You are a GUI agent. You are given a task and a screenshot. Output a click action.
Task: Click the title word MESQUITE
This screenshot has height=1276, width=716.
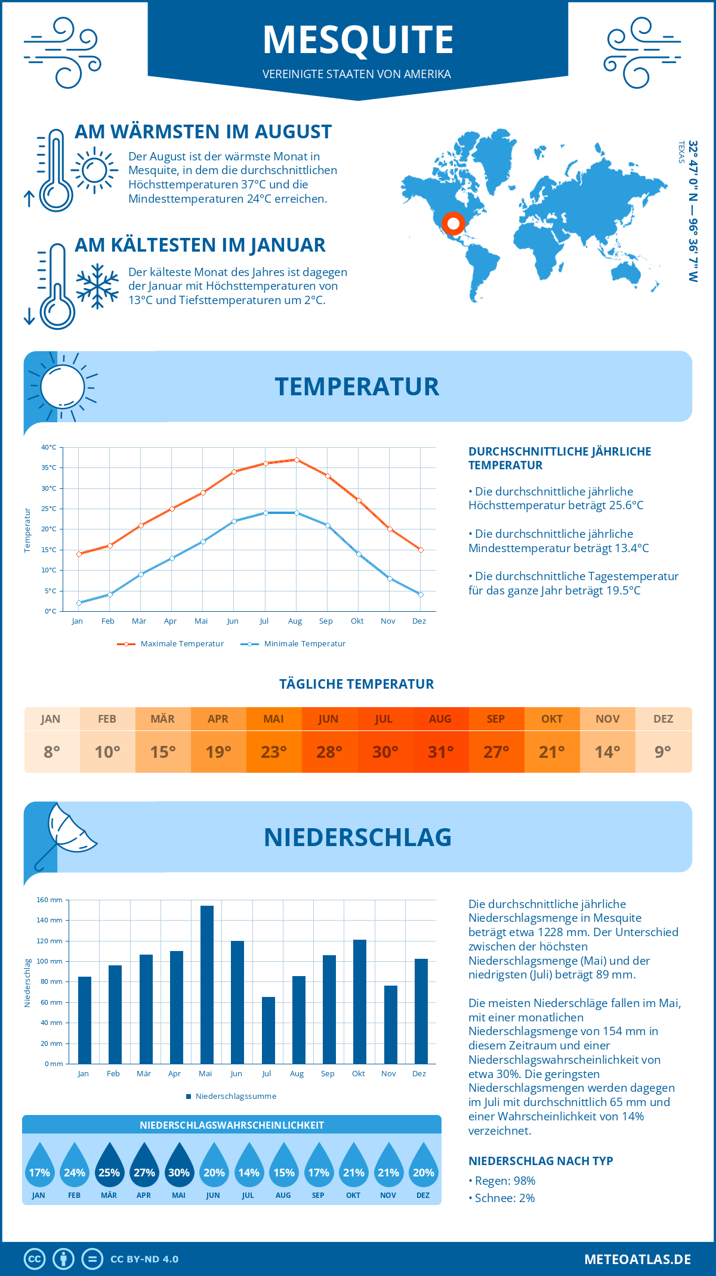tap(358, 40)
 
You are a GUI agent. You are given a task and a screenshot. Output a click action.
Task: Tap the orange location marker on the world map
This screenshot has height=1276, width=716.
tap(453, 224)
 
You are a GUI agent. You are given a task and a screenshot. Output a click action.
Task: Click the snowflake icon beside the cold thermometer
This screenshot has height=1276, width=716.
tap(97, 286)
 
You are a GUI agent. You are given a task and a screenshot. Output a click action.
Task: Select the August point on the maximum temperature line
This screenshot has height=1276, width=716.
tap(297, 460)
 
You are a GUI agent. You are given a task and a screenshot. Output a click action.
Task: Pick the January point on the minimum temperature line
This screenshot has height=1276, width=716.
tap(79, 603)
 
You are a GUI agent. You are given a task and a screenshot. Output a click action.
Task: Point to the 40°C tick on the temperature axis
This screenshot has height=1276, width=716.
tap(49, 447)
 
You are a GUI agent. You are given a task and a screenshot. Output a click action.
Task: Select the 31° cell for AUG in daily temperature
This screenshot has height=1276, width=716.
tap(440, 752)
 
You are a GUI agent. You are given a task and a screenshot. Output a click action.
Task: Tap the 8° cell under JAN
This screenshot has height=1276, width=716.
tap(52, 752)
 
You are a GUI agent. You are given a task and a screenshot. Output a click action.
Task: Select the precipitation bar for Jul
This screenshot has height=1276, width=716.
tap(268, 1030)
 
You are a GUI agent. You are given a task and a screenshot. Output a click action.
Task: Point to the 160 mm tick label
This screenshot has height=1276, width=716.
tap(50, 900)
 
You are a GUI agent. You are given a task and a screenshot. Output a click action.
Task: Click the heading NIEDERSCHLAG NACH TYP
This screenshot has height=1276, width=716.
tap(541, 1161)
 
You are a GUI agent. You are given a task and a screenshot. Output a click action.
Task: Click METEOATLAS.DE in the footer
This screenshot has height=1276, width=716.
tap(637, 1259)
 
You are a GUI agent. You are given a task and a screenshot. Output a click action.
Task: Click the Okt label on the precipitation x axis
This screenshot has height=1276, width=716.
tap(358, 1073)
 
